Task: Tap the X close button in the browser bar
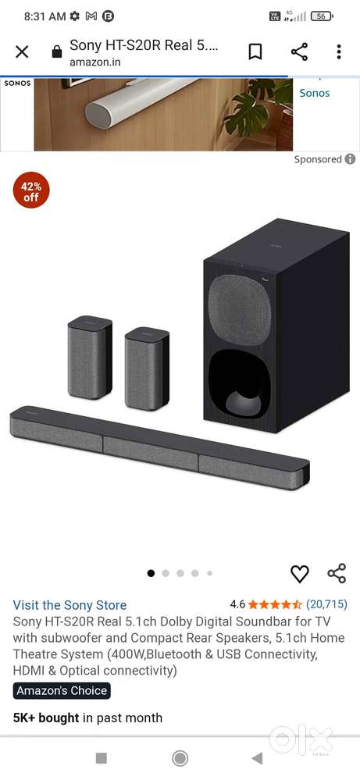point(22,52)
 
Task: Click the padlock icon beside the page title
point(57,52)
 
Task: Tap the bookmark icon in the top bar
point(255,52)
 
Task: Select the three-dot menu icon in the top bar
point(339,52)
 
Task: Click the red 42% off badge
point(30,191)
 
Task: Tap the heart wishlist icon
point(299,574)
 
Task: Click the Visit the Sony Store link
point(70,605)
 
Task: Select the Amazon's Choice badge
point(62,690)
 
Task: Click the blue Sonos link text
point(314,93)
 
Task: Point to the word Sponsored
point(318,159)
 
